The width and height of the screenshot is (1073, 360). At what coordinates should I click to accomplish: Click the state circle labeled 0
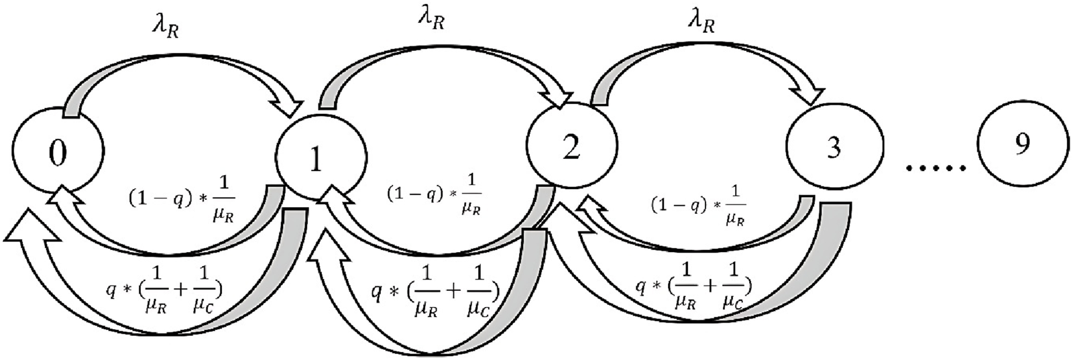click(58, 153)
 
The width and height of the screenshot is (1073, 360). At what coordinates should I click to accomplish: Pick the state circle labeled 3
click(832, 148)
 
